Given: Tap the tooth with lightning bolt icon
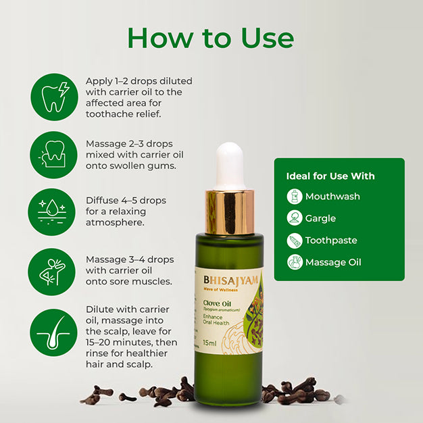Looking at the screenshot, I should point(53,97).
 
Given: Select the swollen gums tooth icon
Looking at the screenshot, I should point(53,155).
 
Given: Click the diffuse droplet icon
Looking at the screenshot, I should point(53,211).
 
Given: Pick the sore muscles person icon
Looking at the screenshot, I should point(53,270).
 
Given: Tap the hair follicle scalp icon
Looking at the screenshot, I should point(53,332).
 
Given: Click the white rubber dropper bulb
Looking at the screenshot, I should point(229,165).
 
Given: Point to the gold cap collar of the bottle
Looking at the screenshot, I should point(229,210).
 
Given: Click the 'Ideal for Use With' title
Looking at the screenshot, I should point(330,176).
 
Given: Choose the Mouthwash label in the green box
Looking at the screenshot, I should point(332,197).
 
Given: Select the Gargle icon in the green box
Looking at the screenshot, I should point(294,218).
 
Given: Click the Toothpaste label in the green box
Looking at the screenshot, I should point(331,240).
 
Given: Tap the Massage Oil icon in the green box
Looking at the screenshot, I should point(294,262).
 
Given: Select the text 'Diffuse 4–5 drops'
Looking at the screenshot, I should point(126,201).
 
